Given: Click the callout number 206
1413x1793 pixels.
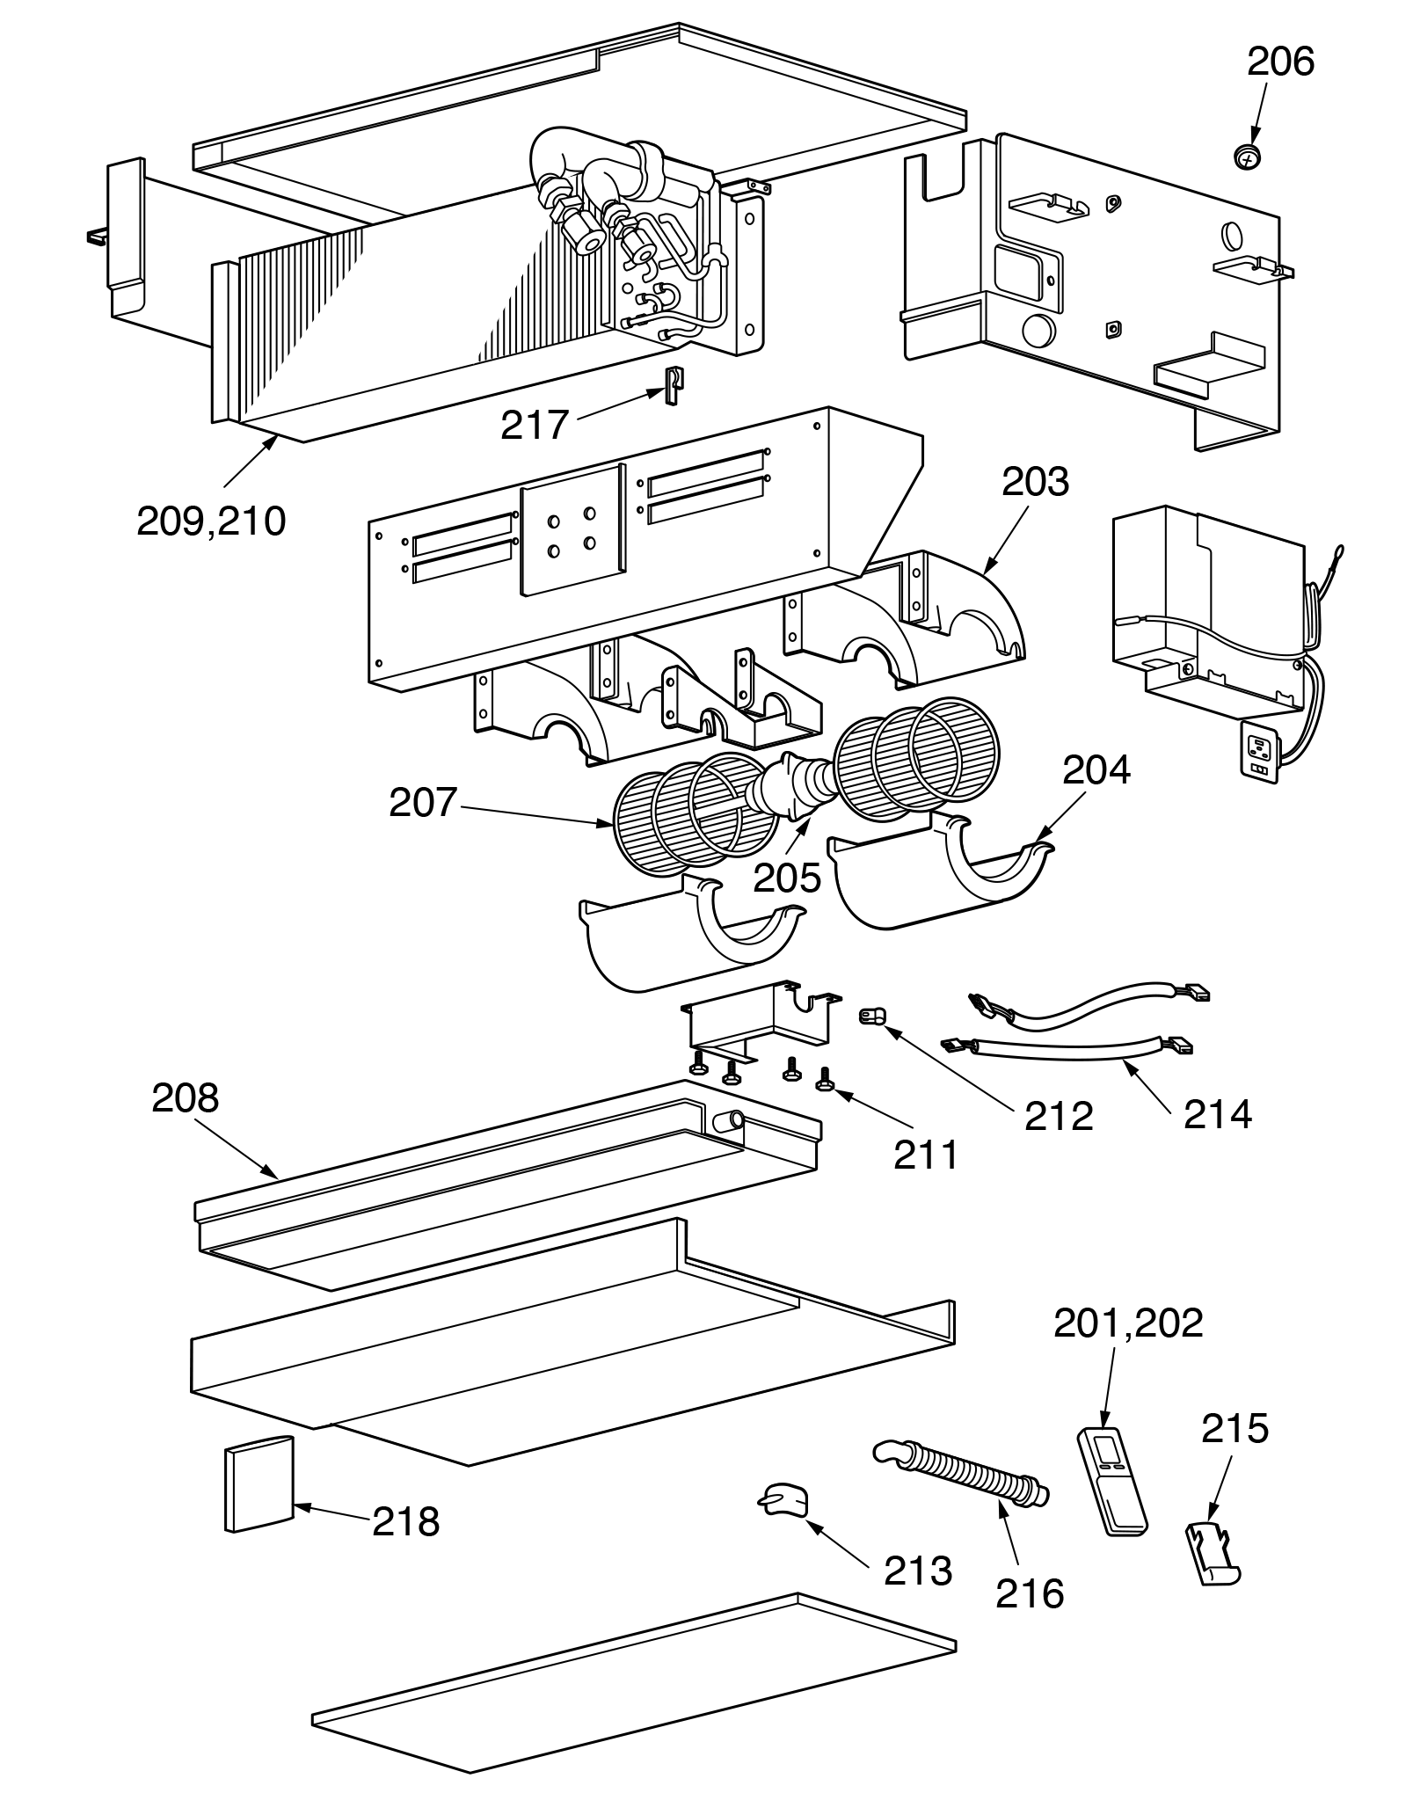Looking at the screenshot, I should click(1280, 62).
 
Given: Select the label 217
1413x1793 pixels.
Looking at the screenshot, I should click(535, 426).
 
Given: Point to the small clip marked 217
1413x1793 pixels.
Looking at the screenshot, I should click(673, 385).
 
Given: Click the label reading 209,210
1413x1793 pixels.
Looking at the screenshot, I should click(211, 521).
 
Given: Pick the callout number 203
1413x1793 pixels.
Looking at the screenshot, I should click(1035, 482).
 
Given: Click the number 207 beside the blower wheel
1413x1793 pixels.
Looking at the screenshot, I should click(423, 803).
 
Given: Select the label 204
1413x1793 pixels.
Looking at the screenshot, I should click(1096, 770).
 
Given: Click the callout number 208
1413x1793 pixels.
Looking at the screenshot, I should click(185, 1098).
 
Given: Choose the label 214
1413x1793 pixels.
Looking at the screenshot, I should click(1217, 1115).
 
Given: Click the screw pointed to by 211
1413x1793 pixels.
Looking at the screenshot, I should click(826, 1081).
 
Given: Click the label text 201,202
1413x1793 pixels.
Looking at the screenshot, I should click(1128, 1347).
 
